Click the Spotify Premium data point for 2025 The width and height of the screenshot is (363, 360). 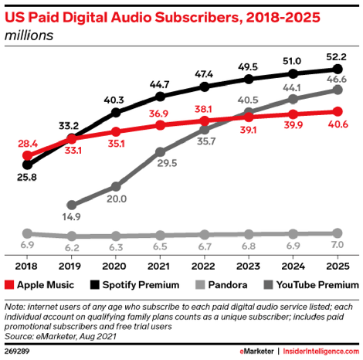pos(338,69)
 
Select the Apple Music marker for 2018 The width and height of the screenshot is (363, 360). pos(27,155)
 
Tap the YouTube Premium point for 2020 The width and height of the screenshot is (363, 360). pos(116,186)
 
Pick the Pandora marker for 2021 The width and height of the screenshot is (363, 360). pos(160,235)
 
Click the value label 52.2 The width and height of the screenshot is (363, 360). pos(336,56)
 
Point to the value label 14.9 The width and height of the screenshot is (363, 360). pos(71,217)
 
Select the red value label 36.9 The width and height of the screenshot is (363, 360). pos(158,114)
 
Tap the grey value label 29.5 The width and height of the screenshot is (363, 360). pos(167,163)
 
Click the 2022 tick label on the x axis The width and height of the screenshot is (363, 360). pos(203,266)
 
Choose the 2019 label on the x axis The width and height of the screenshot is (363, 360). pos(70,266)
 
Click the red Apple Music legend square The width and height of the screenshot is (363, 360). pos(9,285)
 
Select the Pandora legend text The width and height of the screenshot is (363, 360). pos(228,285)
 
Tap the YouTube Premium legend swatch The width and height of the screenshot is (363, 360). pos(268,285)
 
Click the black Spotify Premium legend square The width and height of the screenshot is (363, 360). pos(95,285)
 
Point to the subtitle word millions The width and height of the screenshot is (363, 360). pos(29,36)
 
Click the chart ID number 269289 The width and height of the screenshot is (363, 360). pos(17,352)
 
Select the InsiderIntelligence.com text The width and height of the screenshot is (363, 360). pos(321,352)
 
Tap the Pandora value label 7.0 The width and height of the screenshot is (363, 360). pos(338,245)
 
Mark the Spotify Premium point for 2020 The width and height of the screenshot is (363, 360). pos(116,113)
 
